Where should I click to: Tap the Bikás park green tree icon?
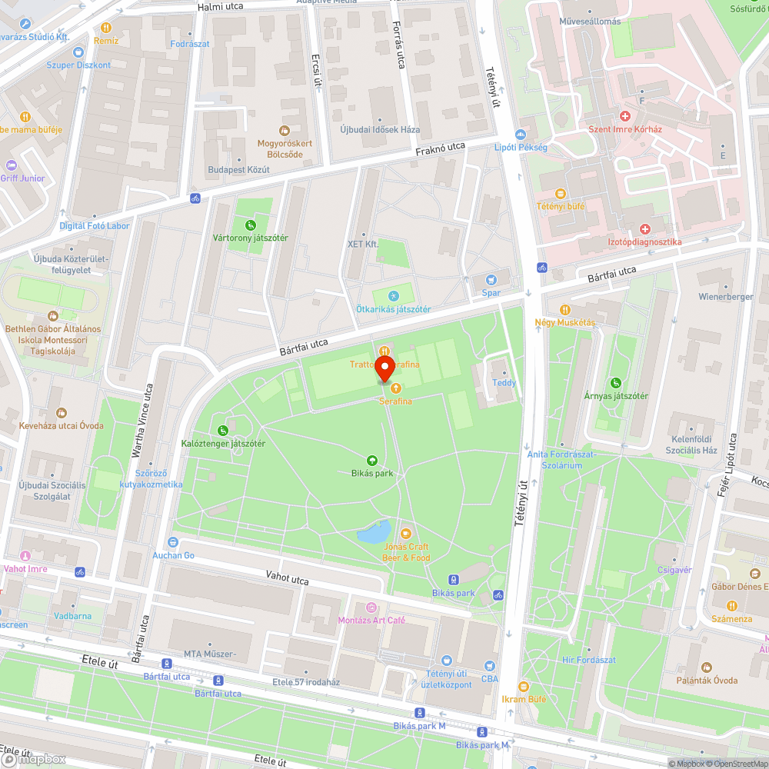point(372,460)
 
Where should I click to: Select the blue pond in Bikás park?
point(374,532)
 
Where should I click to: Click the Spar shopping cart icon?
point(491,280)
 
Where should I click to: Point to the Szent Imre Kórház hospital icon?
point(625,116)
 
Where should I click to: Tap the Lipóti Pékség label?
point(521,147)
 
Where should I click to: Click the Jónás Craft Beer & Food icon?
point(406,532)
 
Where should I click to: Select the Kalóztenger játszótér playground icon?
point(223,431)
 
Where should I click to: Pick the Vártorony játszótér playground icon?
point(250,225)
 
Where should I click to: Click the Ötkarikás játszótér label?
point(393,309)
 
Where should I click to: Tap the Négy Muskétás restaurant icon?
point(565,310)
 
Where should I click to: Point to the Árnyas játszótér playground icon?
point(615,383)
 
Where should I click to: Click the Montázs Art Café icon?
point(371,608)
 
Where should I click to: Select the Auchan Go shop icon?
point(173,542)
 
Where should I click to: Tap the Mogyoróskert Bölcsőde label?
point(285,148)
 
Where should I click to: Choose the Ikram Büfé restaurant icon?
point(523,687)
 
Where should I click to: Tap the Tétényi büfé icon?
point(561,194)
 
